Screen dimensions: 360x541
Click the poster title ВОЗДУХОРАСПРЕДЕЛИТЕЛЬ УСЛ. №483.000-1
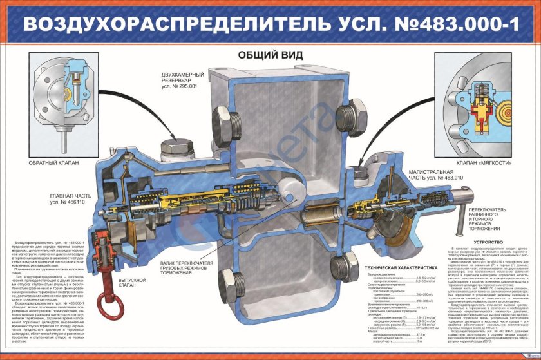[270, 24]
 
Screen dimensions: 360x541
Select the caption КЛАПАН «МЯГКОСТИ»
[484, 164]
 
